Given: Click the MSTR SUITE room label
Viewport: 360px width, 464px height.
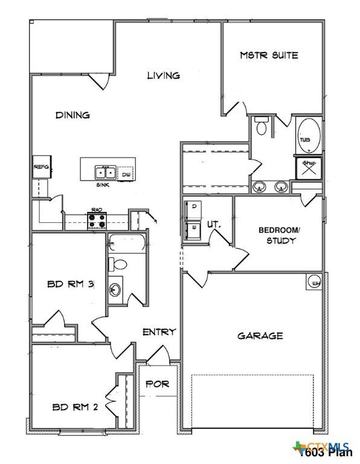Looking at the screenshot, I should pos(269,56).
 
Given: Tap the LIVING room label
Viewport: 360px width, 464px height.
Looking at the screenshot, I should pos(164,76).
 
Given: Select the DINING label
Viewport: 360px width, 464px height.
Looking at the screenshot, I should pos(72,115).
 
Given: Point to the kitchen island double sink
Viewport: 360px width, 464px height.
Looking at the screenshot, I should pos(105,172).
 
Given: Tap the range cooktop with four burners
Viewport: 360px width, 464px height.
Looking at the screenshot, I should pos(97,221).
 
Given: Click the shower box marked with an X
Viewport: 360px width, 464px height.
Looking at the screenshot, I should pos(308,168).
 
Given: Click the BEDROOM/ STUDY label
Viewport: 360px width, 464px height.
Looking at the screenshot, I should pos(278,235).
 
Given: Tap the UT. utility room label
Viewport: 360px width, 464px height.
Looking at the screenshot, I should pos(214,224).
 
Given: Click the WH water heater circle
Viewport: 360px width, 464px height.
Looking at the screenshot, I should pos(315,282).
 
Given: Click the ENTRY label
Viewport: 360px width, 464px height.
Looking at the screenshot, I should pos(159,332).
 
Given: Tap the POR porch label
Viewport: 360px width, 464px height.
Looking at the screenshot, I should pos(157,384).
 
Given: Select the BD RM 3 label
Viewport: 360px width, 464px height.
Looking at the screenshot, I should pos(70,285).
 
